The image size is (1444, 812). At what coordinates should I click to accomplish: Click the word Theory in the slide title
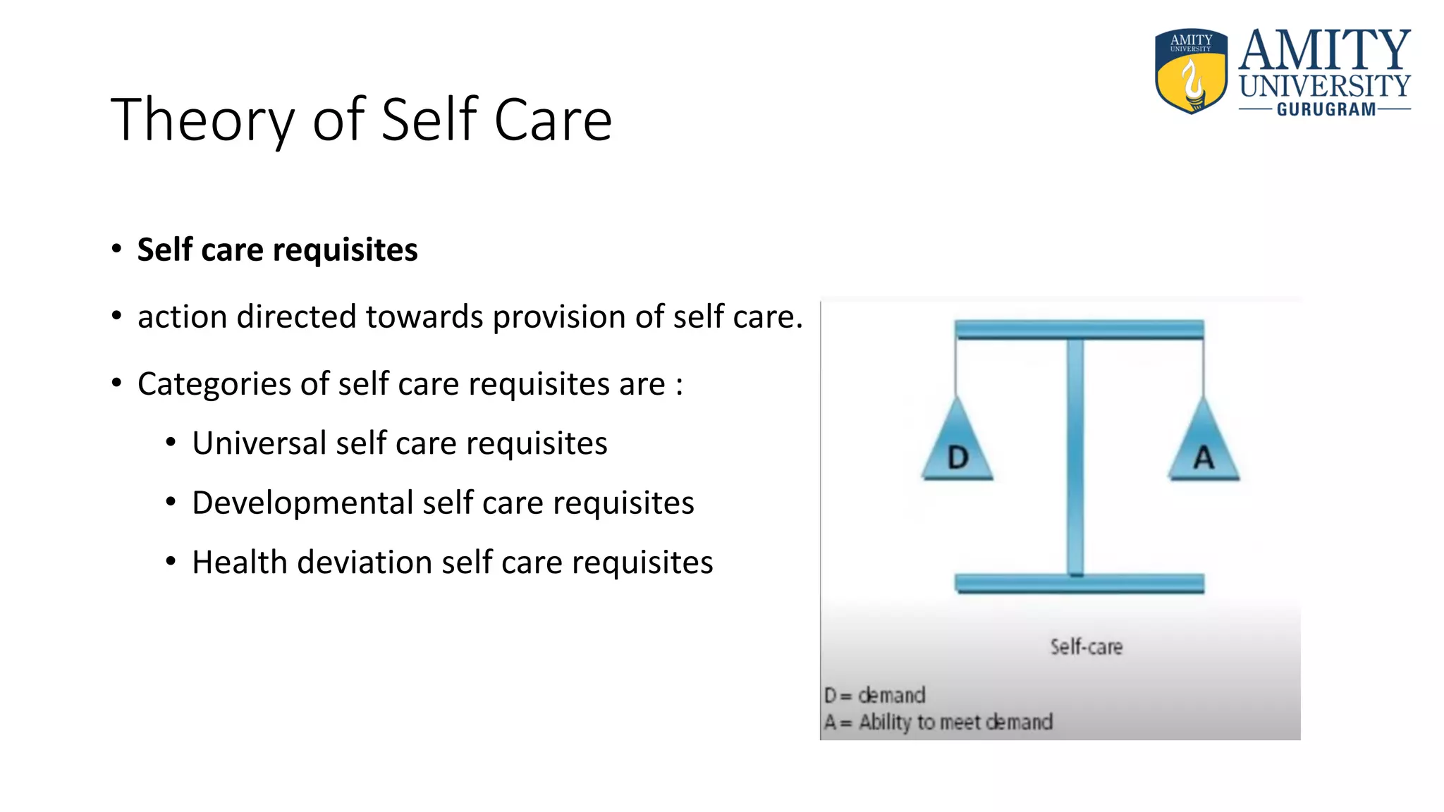202,121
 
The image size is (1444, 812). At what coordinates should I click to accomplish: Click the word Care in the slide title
553,120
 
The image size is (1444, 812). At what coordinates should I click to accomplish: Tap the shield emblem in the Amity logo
1191,71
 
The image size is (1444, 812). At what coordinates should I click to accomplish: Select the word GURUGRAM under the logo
1326,110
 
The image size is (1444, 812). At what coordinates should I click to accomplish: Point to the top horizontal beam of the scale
1079,329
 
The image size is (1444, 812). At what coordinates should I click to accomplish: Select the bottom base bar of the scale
1079,584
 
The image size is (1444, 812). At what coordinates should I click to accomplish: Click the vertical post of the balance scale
1075,458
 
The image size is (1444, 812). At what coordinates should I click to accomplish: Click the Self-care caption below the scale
1086,647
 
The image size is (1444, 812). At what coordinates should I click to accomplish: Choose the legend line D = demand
874,696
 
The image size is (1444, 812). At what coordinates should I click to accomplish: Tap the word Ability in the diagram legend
885,722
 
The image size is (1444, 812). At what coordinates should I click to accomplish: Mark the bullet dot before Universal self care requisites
171,443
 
